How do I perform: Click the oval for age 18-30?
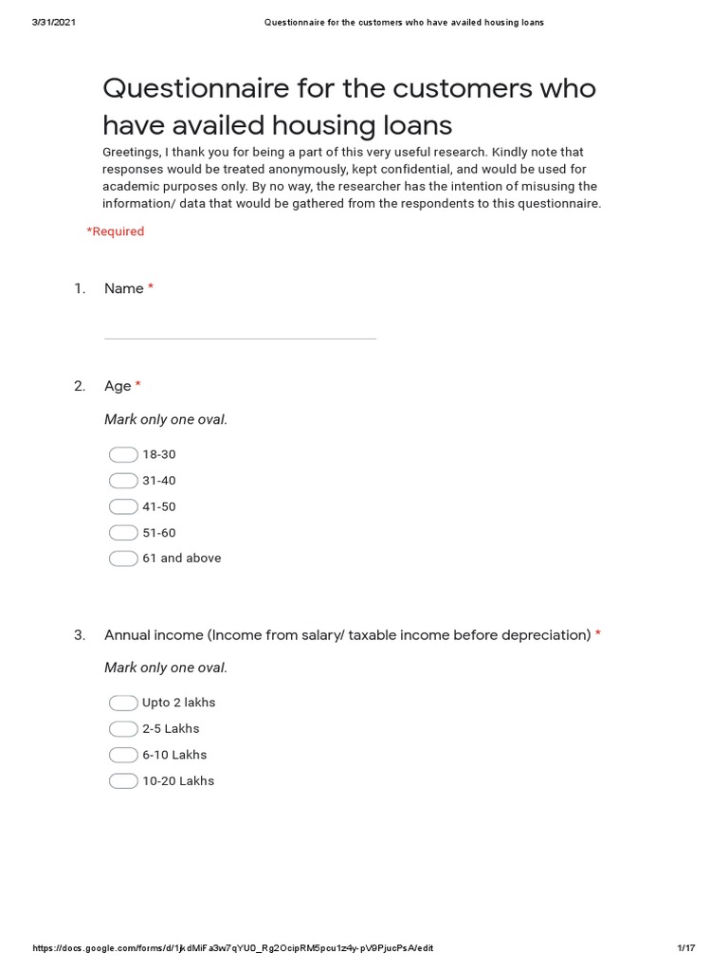pos(123,455)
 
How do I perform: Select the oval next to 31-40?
pos(123,481)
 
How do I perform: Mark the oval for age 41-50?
pos(123,506)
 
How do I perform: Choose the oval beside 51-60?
pos(123,533)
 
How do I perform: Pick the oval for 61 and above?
pos(123,559)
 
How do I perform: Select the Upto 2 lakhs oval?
pos(123,703)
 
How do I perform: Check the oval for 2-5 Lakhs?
pos(123,729)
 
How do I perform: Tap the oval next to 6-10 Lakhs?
pos(123,755)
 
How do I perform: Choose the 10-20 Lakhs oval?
pos(123,781)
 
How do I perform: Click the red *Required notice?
pos(116,231)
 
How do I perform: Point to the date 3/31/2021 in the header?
pos(54,22)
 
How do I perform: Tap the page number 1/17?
pos(685,948)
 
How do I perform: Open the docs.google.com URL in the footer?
pos(233,948)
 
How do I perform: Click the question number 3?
pos(80,634)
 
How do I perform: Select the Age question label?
pos(118,386)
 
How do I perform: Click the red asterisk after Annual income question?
pos(598,634)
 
